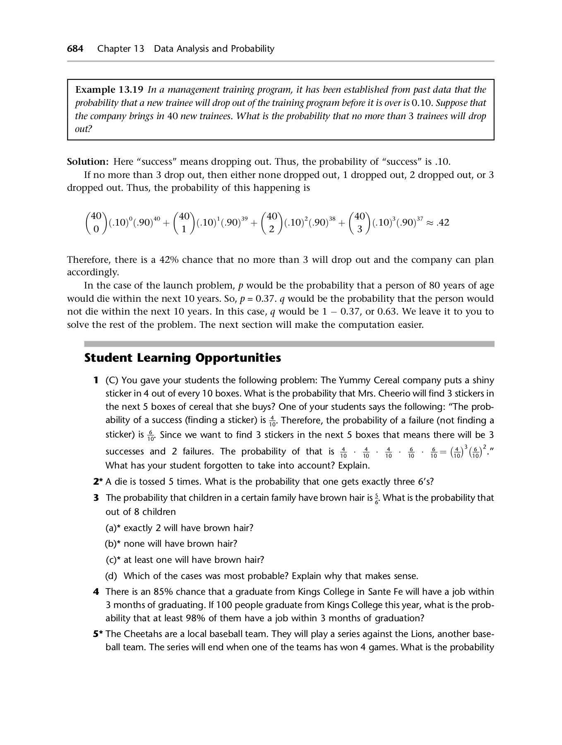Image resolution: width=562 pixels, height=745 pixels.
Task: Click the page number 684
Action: (x=75, y=49)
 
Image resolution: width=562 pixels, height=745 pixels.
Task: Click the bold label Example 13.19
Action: (x=109, y=90)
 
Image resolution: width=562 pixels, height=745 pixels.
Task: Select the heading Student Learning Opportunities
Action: (x=183, y=358)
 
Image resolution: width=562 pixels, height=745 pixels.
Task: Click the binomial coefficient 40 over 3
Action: (x=360, y=223)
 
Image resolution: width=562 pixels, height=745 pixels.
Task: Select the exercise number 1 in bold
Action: (x=96, y=380)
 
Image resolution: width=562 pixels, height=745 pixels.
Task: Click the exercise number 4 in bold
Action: (x=96, y=592)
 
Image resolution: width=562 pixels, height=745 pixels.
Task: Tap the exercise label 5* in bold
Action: (x=97, y=634)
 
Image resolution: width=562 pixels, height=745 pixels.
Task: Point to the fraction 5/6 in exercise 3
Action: (x=376, y=498)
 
